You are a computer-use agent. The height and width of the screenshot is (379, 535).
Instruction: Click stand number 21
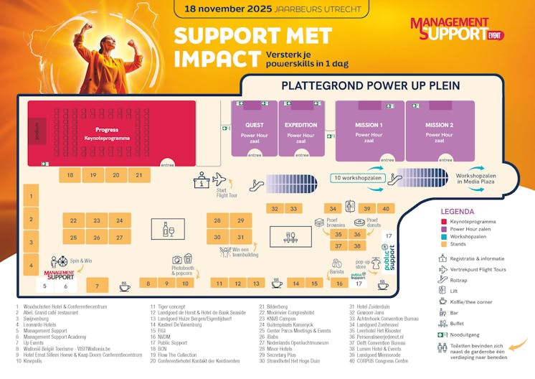(x=139, y=174)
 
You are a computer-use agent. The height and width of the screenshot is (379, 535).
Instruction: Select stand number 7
(x=97, y=285)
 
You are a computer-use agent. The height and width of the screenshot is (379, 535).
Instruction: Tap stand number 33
(x=293, y=208)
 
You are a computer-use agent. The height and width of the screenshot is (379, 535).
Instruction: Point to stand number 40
(x=386, y=208)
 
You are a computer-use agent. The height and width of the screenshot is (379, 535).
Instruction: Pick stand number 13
(x=257, y=284)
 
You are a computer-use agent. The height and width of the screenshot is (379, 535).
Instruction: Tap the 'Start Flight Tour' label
(x=227, y=192)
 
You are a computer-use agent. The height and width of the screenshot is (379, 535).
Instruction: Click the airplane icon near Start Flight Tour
(x=219, y=179)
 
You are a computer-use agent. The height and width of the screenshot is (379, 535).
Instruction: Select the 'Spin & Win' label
(x=81, y=261)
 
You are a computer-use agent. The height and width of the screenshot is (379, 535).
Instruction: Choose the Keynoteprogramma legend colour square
(x=444, y=223)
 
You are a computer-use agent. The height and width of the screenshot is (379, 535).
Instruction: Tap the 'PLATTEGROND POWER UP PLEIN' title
(x=370, y=85)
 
